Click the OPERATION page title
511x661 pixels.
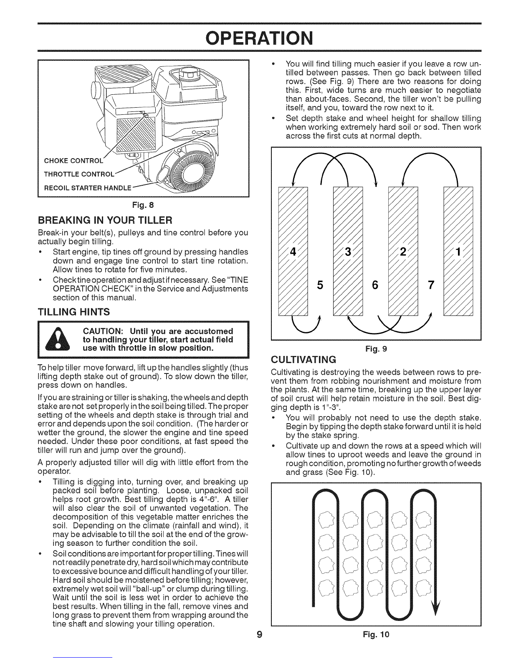259,38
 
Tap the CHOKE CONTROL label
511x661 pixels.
73,161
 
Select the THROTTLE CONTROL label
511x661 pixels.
79,174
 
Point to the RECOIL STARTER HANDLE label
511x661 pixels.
88,188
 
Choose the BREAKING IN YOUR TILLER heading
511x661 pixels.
105,219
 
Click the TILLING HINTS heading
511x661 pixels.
73,312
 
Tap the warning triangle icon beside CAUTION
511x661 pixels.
58,339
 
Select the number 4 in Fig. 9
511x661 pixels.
293,252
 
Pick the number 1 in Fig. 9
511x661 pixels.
458,252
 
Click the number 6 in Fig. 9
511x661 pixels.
375,285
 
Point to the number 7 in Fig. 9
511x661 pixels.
431,285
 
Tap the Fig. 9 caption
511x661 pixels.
376,348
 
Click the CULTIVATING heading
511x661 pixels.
304,360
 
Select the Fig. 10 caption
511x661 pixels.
376,635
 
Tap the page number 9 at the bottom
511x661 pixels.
259,635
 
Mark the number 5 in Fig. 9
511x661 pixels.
320,285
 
